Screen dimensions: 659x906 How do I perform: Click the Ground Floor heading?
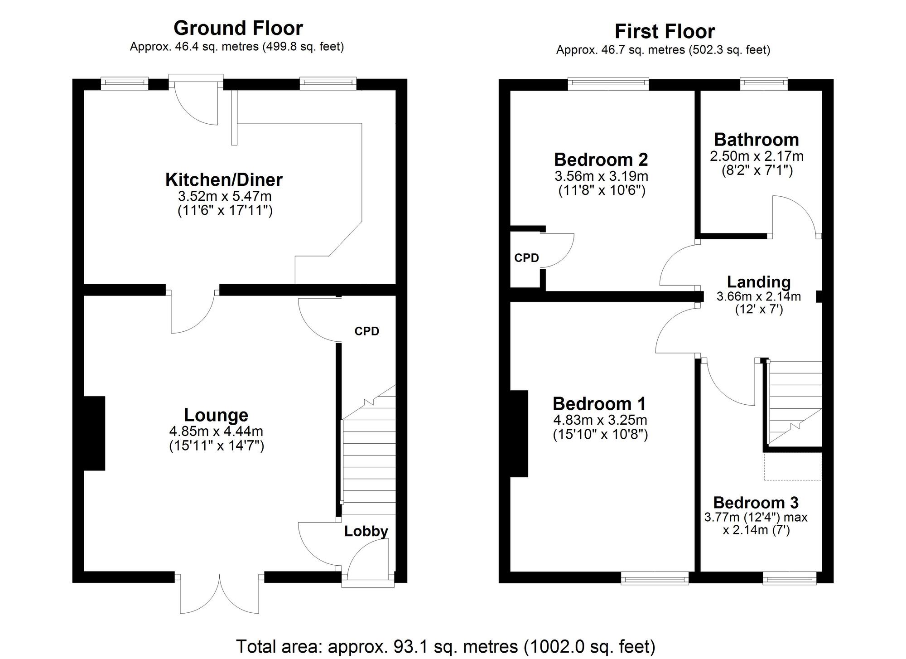pos(238,28)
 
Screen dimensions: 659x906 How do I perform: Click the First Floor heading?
pos(665,32)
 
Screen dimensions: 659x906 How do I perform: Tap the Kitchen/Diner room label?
pos(224,180)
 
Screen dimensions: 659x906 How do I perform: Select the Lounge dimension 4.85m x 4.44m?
pos(216,431)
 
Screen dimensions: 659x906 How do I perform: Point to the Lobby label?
pos(366,531)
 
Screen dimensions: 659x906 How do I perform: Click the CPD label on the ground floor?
pos(366,331)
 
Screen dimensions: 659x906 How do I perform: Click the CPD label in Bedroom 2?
pos(526,258)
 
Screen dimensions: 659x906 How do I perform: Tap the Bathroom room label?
pos(756,140)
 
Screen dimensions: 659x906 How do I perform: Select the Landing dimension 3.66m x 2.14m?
pos(758,297)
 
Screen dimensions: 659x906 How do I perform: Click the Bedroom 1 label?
pos(599,403)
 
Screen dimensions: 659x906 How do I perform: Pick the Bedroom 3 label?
pos(756,503)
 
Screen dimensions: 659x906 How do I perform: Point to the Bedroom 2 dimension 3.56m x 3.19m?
pos(601,176)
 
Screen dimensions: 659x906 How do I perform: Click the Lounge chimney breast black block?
pos(94,433)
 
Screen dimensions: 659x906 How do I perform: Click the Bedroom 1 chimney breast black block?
pos(519,433)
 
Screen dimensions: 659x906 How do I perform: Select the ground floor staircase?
pos(368,462)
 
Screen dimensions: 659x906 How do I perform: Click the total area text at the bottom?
pos(446,646)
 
